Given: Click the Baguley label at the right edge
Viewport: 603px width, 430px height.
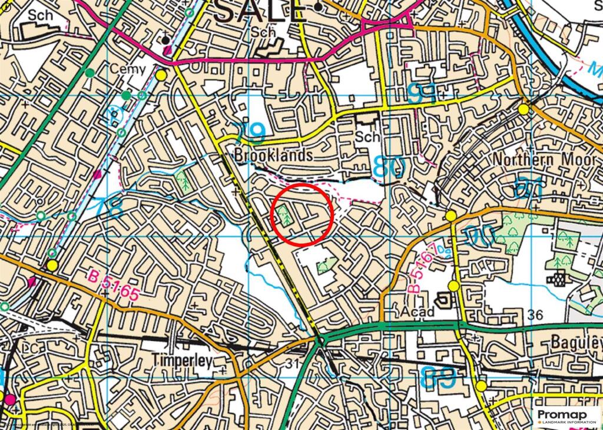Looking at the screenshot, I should pyautogui.click(x=577, y=342).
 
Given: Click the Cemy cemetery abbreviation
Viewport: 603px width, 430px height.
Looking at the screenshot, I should pyautogui.click(x=128, y=69).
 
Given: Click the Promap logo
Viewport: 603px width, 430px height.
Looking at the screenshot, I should pyautogui.click(x=566, y=416).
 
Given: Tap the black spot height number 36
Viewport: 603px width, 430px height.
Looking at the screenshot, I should pyautogui.click(x=535, y=315).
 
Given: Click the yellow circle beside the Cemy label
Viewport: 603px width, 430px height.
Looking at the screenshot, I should pyautogui.click(x=161, y=75).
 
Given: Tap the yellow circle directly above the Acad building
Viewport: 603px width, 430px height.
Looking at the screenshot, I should pyautogui.click(x=453, y=286).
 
